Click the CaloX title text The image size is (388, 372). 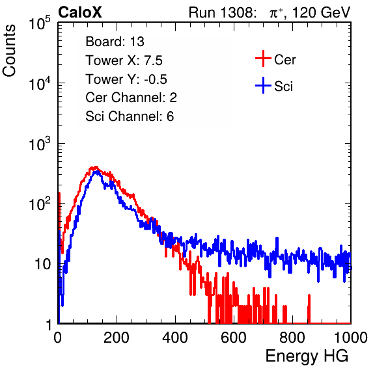coord(80,12)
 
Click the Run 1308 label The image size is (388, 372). coord(222,12)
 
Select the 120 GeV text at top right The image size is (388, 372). coord(322,12)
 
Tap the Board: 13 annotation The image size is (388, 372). coord(115,42)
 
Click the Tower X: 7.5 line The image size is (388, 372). coord(124,60)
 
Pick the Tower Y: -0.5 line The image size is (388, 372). coord(126,79)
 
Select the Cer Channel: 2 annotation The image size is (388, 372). coord(131,98)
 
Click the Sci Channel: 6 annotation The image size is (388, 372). coord(130,116)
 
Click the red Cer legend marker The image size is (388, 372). coord(263,59)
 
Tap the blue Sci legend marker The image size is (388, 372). coord(263,86)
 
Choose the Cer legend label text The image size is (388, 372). coord(285,60)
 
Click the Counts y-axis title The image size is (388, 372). coord(9,51)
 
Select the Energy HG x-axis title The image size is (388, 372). coord(307,356)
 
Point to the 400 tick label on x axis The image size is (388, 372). coord(175,338)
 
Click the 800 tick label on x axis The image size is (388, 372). coord(292,338)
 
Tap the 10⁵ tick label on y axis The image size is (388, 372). coord(40,23)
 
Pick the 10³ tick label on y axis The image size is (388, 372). coord(40,144)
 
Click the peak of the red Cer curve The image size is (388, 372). coord(96,167)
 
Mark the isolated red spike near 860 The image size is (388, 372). coord(309,308)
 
